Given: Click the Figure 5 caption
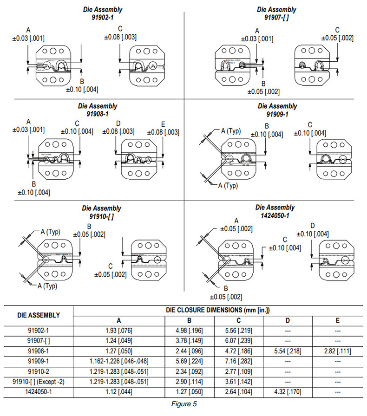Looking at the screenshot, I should click(x=183, y=403).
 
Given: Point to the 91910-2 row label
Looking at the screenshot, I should click(x=39, y=371).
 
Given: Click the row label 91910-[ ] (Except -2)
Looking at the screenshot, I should click(x=39, y=382).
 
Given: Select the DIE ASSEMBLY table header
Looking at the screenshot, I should click(x=39, y=315).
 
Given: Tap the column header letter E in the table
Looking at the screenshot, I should click(x=337, y=320).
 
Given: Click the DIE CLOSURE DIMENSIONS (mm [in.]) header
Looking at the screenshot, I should click(x=218, y=310).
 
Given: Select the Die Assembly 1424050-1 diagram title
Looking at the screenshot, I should click(x=275, y=211).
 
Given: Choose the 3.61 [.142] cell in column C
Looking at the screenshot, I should click(x=238, y=382).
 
